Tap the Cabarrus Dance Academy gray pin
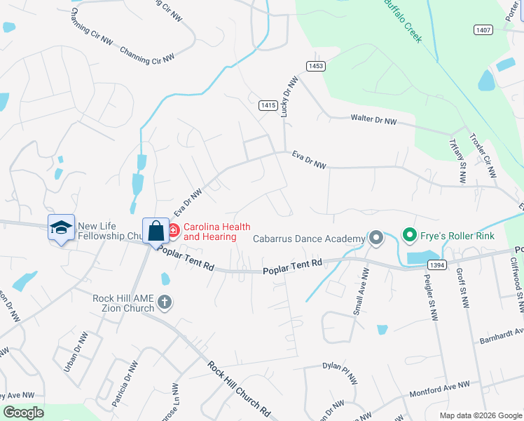[x=375, y=239]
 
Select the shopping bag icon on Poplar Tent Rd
[x=156, y=230]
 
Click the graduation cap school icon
[x=61, y=227]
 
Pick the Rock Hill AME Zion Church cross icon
[x=164, y=303]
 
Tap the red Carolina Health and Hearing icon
[x=173, y=229]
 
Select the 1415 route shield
[x=268, y=105]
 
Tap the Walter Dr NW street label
[x=373, y=121]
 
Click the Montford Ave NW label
[x=439, y=387]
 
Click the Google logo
[x=23, y=413]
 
